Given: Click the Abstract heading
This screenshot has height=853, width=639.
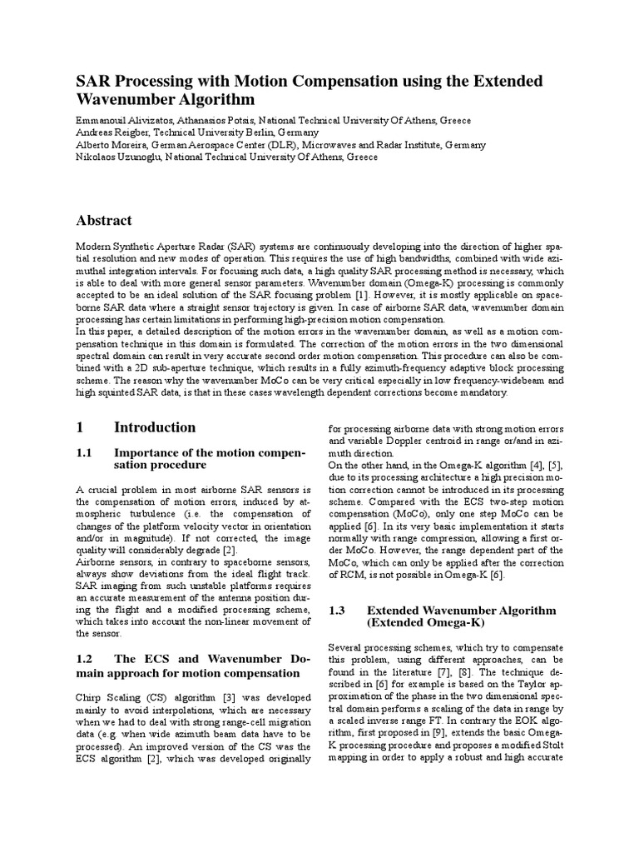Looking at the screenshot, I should pyautogui.click(x=104, y=221).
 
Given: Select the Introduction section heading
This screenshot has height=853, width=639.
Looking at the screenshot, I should pyautogui.click(x=155, y=427).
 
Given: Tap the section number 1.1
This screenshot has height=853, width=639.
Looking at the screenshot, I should pyautogui.click(x=86, y=451).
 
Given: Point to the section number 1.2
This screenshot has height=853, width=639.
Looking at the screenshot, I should pyautogui.click(x=86, y=658).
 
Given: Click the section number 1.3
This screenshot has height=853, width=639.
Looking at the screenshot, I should pyautogui.click(x=337, y=611).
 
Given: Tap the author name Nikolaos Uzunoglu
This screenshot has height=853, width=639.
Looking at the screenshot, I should pyautogui.click(x=117, y=157).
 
